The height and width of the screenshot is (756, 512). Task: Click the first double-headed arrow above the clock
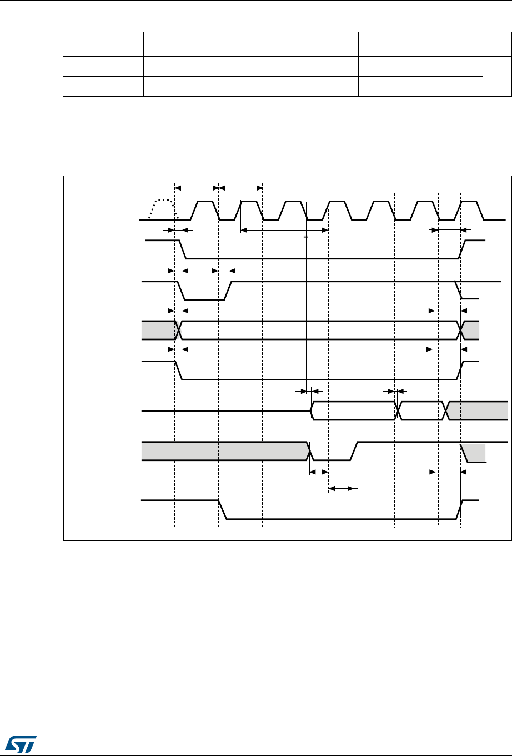click(197, 187)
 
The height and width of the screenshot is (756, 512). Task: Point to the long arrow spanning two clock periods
click(284, 229)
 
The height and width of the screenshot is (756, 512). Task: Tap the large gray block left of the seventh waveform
click(224, 451)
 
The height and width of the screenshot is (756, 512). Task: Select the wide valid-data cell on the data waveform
click(353, 410)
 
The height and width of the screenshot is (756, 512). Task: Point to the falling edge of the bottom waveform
click(222, 510)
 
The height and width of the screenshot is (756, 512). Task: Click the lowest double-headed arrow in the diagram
click(341, 489)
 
